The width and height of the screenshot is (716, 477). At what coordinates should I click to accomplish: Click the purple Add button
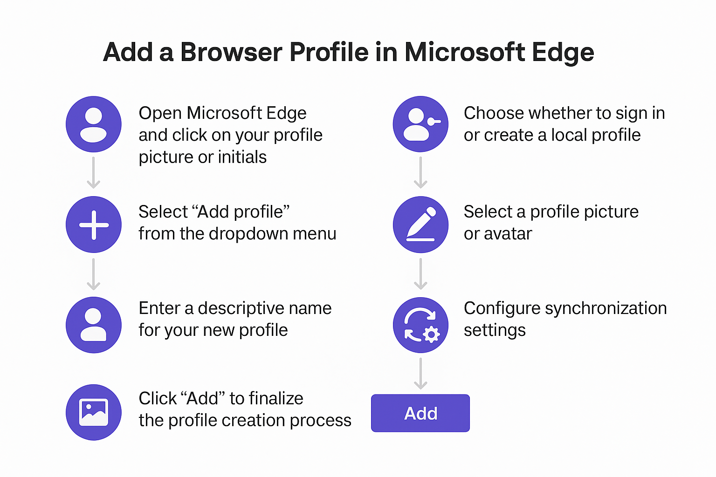pos(420,413)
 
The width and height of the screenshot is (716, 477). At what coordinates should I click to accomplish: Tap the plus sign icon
pos(94,225)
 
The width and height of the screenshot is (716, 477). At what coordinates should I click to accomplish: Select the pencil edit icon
pos(420,225)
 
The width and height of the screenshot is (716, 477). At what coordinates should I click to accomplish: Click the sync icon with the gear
pos(420,325)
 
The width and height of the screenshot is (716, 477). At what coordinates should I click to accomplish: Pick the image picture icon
pos(94,412)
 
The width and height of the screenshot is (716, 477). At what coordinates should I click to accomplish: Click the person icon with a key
pos(420,124)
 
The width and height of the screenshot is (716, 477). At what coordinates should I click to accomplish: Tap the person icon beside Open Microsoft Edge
pos(94,124)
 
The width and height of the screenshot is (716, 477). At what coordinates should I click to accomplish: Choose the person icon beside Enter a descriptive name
pos(94,325)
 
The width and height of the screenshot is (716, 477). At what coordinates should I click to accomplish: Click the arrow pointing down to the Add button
pos(420,374)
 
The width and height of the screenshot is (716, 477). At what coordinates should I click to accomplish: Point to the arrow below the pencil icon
pos(420,274)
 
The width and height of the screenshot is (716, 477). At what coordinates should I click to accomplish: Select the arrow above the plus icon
pos(94,172)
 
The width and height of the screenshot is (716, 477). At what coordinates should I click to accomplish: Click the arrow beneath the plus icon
pos(94,274)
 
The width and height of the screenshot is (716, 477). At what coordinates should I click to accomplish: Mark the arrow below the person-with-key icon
pos(420,172)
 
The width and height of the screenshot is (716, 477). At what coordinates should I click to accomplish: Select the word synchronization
pos(606,309)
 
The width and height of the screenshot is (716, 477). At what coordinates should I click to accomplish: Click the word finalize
pos(276,398)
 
